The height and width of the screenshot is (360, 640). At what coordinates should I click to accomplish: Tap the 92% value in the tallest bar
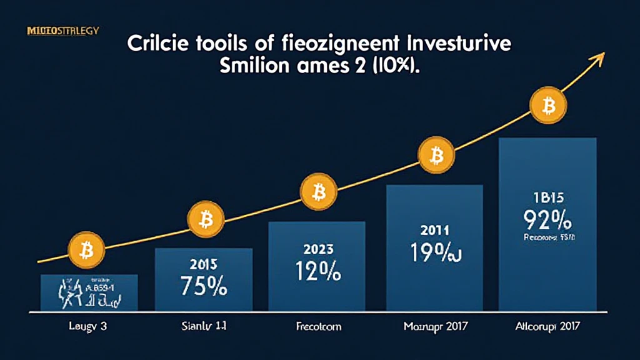click(548, 222)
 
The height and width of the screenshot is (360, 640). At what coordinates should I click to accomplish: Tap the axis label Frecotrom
click(317, 326)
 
